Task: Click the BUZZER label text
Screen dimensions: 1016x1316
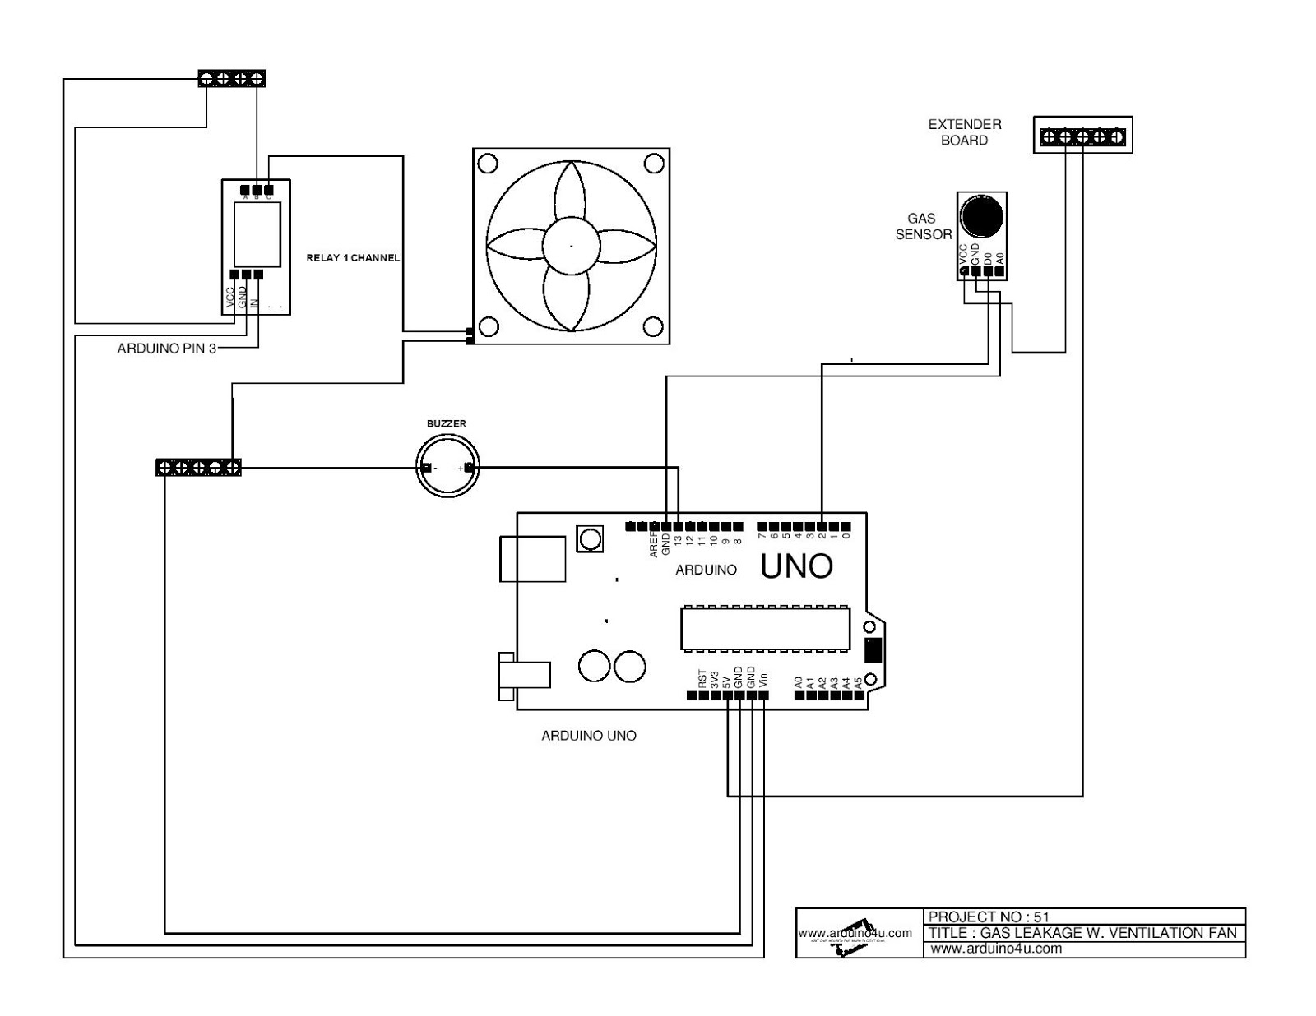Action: click(446, 423)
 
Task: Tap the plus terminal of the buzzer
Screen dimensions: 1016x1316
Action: click(469, 469)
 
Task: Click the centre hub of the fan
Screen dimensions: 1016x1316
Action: click(571, 245)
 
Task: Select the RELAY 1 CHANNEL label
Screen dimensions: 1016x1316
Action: click(353, 258)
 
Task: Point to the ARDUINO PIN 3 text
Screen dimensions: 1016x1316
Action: click(167, 349)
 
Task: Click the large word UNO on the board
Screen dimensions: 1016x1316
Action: click(796, 566)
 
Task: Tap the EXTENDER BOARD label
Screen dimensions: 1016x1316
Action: click(965, 132)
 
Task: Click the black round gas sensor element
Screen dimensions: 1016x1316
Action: click(982, 215)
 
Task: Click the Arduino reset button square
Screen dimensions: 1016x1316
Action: click(591, 539)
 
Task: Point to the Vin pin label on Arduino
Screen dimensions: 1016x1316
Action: click(763, 681)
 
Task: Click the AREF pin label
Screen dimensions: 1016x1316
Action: click(654, 543)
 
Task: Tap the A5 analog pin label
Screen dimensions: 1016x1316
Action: click(858, 681)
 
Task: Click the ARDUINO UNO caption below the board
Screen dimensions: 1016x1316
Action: click(588, 736)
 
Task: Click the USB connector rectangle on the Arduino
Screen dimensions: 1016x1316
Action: click(532, 559)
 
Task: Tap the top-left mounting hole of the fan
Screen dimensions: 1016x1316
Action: click(487, 164)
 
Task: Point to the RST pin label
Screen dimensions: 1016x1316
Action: click(702, 679)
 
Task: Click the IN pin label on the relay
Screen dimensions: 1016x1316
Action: click(255, 302)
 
